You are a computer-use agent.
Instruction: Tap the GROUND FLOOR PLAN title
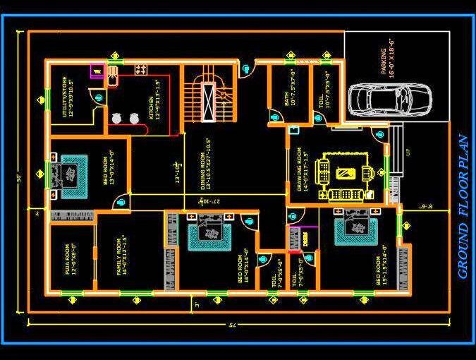463,208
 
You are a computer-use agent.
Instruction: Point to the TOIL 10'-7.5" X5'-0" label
324,89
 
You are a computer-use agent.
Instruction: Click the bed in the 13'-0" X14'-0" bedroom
70,172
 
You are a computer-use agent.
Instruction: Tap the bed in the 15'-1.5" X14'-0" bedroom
355,231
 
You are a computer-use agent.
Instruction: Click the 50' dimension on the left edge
19,177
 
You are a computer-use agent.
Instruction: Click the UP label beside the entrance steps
408,152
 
